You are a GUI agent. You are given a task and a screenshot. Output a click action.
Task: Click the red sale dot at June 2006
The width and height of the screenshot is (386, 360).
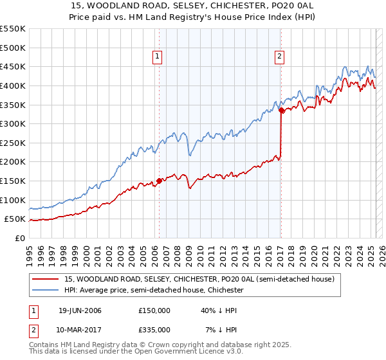(x=159, y=181)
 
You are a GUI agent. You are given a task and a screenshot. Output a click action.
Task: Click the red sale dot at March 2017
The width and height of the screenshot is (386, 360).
(x=282, y=111)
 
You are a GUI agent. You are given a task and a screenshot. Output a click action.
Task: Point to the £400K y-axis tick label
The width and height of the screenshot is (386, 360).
(x=13, y=85)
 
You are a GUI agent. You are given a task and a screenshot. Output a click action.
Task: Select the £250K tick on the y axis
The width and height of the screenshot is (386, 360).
(x=13, y=143)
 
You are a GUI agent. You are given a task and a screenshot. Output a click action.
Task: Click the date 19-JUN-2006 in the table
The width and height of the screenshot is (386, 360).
(x=80, y=310)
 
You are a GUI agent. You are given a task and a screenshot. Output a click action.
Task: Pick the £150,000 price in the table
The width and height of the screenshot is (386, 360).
(x=154, y=310)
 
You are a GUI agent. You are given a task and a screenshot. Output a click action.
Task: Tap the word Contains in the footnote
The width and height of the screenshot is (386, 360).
(x=44, y=346)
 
